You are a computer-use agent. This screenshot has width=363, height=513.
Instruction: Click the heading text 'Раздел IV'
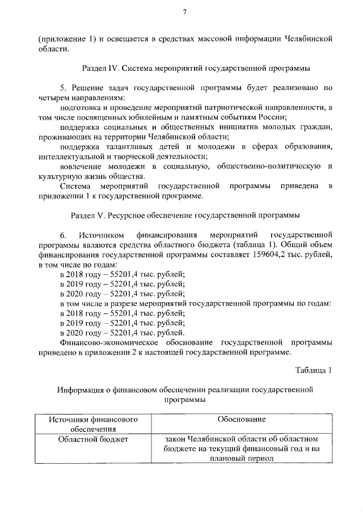[99, 69]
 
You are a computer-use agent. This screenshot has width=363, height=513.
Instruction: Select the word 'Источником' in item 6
[102, 234]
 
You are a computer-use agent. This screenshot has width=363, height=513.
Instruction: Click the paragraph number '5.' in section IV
[64, 88]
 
